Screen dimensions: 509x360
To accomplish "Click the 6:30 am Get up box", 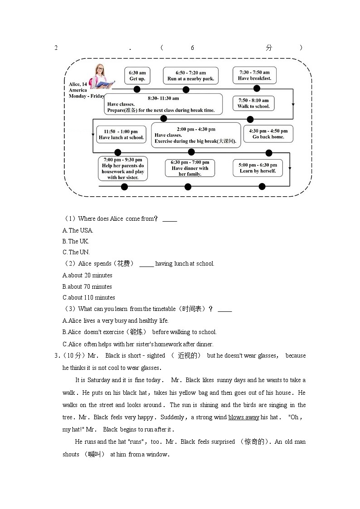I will (137, 76).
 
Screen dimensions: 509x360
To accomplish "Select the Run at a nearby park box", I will (190, 76).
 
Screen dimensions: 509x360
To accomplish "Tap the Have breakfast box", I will (254, 75).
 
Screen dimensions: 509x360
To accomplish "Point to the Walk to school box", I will (253, 103).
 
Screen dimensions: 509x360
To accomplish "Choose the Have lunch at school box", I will (121, 135).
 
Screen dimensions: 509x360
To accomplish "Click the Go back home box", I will (268, 134).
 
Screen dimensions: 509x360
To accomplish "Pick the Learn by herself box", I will (258, 168).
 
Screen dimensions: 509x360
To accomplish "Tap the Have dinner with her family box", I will (190, 168).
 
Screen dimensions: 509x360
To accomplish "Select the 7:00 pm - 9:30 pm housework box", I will (123, 168).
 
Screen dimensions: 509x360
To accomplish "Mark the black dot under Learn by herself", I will (262, 186).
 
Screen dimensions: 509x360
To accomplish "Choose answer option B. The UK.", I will (76, 241).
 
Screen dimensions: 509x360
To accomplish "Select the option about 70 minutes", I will (88, 286).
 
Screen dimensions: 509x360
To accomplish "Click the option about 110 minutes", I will (89, 297).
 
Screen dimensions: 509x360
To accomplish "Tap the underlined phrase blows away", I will (243, 417).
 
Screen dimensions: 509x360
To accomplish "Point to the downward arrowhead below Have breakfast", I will (293, 105).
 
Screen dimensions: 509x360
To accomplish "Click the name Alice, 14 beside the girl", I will (78, 84).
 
